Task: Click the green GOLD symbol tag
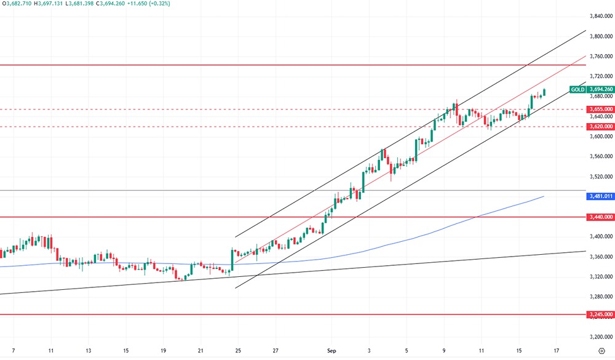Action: (577, 89)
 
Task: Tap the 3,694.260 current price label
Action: (600, 89)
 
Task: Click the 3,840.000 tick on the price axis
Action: (600, 16)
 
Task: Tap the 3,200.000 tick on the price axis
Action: (600, 337)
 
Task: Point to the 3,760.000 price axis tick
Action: (600, 56)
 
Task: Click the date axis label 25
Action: (237, 351)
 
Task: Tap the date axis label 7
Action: (14, 351)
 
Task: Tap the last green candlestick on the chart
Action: (544, 92)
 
